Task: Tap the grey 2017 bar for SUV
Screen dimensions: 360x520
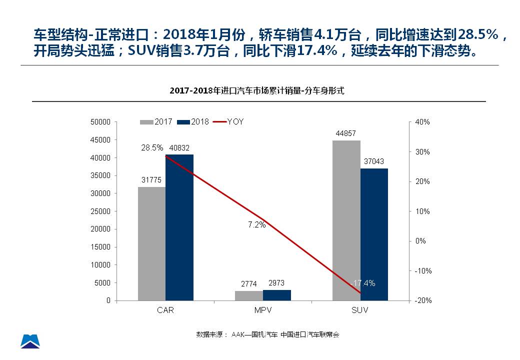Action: (346, 220)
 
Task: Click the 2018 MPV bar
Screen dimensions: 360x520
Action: (276, 295)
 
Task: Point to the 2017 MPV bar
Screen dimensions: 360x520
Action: (248, 295)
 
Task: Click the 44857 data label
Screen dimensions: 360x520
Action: (345, 133)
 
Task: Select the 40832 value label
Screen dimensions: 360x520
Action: (179, 147)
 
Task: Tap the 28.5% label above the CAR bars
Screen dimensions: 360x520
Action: (152, 147)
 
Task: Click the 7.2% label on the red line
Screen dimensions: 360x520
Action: (256, 224)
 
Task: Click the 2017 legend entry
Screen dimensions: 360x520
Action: (156, 121)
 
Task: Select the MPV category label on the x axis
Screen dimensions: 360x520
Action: (262, 310)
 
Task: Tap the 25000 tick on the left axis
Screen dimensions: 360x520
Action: (100, 211)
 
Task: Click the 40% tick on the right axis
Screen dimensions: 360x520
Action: (423, 122)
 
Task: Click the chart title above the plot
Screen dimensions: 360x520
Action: (257, 90)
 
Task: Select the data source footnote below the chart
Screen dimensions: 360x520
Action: (267, 334)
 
